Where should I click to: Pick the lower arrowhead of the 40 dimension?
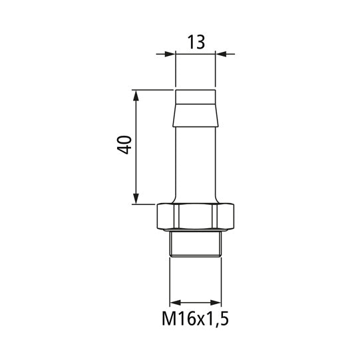(x=136, y=199)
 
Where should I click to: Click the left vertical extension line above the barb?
(x=175, y=70)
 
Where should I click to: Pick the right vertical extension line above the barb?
(x=216, y=70)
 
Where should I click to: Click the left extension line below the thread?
(x=170, y=279)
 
